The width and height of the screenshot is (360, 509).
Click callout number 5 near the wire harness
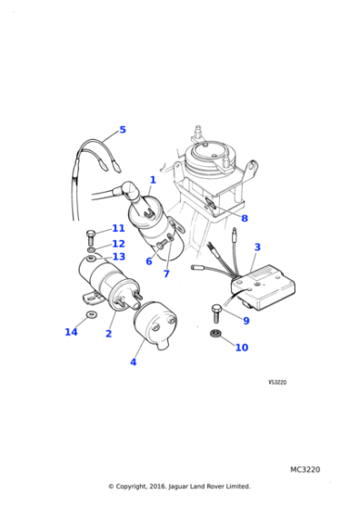point(123,130)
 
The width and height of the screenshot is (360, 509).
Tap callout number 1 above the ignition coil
point(153,180)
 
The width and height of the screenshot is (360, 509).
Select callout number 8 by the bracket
point(245,218)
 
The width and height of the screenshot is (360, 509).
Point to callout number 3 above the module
point(257,247)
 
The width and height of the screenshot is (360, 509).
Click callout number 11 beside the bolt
point(118,228)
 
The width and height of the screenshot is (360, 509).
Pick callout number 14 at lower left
point(71,332)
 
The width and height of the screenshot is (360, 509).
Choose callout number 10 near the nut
point(242,347)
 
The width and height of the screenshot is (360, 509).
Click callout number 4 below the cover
point(133,362)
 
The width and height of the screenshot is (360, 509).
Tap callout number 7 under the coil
point(166,274)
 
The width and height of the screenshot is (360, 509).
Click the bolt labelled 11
point(91,237)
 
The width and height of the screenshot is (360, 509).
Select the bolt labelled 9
point(216,314)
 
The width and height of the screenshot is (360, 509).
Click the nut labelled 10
point(215,333)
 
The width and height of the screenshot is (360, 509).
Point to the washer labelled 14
point(91,314)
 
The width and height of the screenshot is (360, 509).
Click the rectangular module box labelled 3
point(264,287)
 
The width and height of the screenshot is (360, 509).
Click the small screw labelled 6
point(161,245)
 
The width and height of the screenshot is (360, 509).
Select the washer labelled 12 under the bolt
point(92,250)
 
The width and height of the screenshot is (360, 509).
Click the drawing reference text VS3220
point(277,382)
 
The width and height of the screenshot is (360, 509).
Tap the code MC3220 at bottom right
point(305,469)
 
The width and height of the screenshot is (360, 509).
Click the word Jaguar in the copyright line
point(178,486)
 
